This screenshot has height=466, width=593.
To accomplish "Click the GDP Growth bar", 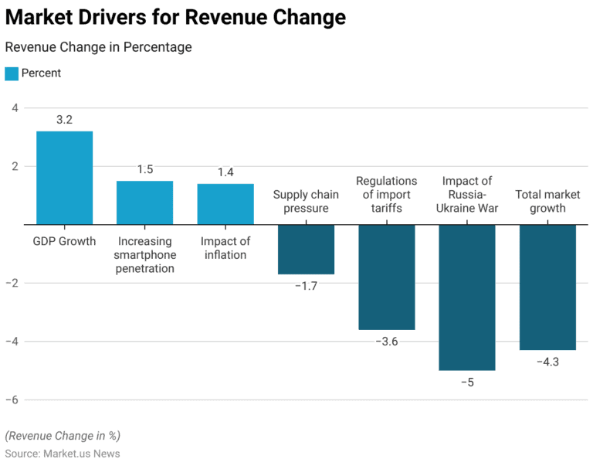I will (x=64, y=178).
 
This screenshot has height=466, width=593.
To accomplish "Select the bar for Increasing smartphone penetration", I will (x=144, y=202).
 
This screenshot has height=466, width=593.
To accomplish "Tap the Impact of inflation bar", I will (x=225, y=204).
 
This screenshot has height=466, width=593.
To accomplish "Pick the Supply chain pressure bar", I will (x=306, y=249).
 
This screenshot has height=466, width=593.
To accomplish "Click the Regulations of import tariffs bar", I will (x=386, y=277).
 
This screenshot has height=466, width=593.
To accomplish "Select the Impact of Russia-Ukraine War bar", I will (x=466, y=297).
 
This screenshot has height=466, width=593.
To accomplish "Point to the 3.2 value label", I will (x=64, y=120).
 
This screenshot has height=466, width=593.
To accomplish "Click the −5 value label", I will (x=466, y=383).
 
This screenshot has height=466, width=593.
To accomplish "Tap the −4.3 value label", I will (x=547, y=362).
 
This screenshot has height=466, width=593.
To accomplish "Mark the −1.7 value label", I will (x=306, y=286).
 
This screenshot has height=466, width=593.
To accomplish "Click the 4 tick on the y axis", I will (x=15, y=107).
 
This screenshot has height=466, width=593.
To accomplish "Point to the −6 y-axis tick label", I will (x=11, y=400).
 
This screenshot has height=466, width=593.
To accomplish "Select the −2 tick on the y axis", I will (x=11, y=283).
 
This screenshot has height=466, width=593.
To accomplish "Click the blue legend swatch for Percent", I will (x=12, y=73).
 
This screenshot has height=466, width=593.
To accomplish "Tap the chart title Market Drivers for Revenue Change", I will (x=175, y=17).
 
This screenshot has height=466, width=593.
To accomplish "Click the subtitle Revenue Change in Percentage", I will (x=98, y=47).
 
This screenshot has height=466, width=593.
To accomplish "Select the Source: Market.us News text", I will (x=63, y=454).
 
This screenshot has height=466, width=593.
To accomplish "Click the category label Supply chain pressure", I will (x=306, y=202).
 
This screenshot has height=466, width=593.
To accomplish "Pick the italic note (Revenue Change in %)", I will (x=63, y=436).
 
